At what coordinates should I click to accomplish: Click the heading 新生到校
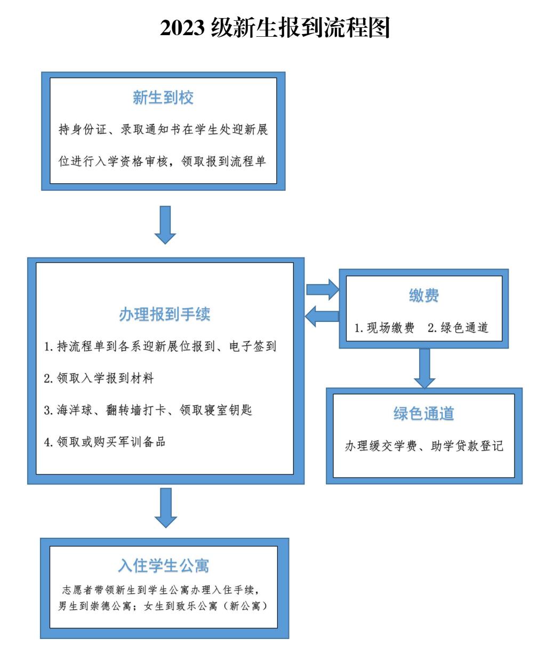point(163,98)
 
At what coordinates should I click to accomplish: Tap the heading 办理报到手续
point(165,314)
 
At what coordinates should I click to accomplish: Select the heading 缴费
point(424,295)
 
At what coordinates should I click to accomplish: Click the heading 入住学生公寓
point(164,565)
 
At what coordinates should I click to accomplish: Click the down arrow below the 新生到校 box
point(165,224)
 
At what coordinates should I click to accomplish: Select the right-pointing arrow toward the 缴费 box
point(323,289)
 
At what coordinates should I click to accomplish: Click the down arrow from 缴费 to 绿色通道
point(424,368)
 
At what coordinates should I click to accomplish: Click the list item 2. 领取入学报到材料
point(99,379)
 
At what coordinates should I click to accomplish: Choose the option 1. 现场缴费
point(384,328)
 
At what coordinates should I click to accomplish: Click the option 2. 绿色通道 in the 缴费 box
point(458,328)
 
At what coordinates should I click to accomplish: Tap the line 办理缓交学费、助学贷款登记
point(424,446)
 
